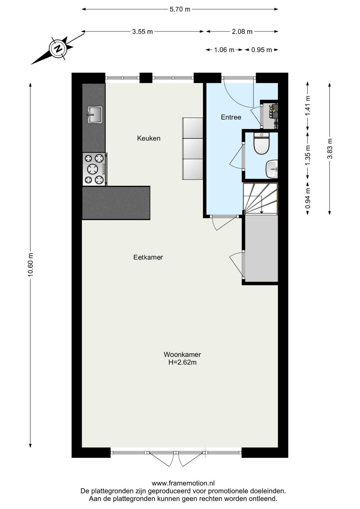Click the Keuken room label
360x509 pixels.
pos(149,138)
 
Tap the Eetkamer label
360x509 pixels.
pos(148,257)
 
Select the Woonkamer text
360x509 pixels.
pos(182,354)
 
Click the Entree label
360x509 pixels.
pos(231,117)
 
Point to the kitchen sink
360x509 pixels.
pos(95,115)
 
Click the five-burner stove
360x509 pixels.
pos(94,169)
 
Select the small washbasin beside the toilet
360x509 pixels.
pos(272,169)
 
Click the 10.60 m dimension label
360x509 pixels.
pos(30,265)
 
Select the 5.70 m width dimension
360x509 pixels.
pos(180,9)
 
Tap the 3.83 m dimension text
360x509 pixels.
pos(330,149)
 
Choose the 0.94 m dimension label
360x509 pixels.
pos(308,198)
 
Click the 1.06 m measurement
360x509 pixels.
pos(224,50)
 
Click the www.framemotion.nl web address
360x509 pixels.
pos(183,483)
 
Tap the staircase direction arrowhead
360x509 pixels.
pos(261,212)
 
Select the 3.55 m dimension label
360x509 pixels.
pos(143,32)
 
